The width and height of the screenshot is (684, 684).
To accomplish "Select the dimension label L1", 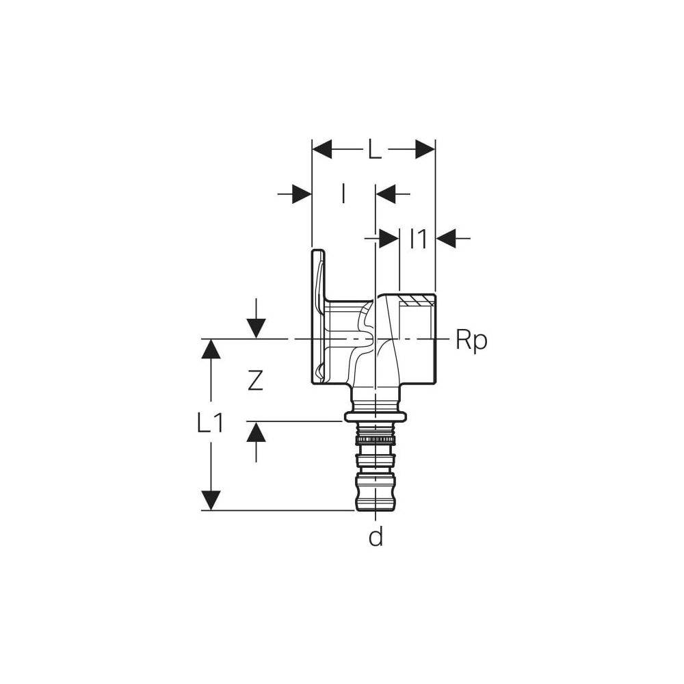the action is point(210,423).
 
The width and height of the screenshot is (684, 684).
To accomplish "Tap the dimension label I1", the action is point(418,239).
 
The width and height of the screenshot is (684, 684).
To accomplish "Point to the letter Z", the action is point(255,380).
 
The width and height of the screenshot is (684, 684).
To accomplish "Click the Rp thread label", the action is point(471,340).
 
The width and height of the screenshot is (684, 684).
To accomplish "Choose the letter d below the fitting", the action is point(376,536).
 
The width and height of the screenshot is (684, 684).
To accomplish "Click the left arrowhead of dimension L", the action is point(322,150).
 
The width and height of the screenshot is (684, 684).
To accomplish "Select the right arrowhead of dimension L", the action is point(425,150).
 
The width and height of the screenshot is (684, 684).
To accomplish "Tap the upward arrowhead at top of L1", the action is point(211,349).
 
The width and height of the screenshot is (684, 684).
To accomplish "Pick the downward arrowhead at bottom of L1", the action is point(211,501).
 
